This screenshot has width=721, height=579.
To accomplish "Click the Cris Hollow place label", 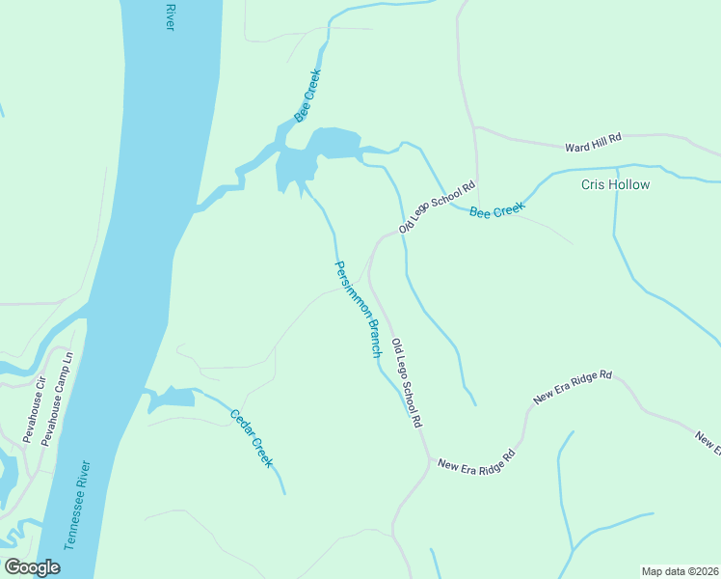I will pyautogui.click(x=615, y=184).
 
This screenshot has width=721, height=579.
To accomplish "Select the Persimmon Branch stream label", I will pyautogui.click(x=358, y=309).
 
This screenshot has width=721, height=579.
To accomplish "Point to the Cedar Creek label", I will pyautogui.click(x=252, y=439).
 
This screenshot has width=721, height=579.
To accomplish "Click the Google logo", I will pyautogui.click(x=32, y=567).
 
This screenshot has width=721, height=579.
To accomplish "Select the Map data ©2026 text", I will pyautogui.click(x=680, y=570).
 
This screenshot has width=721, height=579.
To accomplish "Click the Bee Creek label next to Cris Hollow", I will pyautogui.click(x=497, y=209).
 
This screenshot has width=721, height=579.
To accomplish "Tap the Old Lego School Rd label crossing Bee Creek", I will pyautogui.click(x=439, y=207).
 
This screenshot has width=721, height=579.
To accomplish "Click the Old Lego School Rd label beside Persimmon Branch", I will pyautogui.click(x=407, y=383).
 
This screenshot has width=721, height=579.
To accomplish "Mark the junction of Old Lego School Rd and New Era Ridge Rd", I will pyautogui.click(x=428, y=461).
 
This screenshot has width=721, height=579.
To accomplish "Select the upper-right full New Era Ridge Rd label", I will pyautogui.click(x=573, y=387).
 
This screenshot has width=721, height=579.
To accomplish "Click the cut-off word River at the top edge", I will pyautogui.click(x=170, y=15).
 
